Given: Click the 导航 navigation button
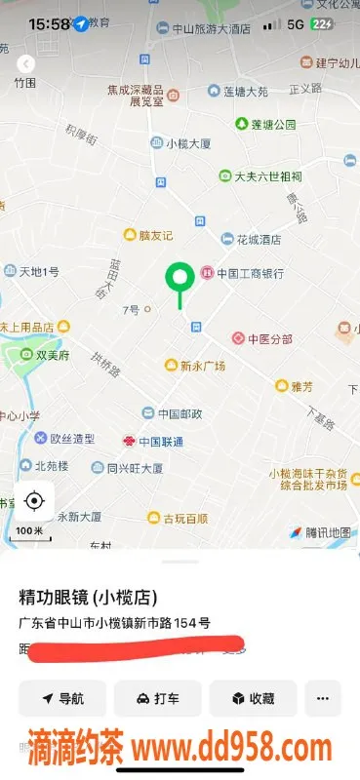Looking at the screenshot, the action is [x=62, y=699].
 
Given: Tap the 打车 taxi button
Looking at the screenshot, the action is [x=157, y=699].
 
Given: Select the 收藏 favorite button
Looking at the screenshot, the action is [x=253, y=699].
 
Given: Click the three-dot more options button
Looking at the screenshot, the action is [x=323, y=699].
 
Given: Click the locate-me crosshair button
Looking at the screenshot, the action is [x=34, y=501].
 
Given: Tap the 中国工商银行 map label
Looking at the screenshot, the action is [x=242, y=273].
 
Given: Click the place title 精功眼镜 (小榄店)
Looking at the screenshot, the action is [x=88, y=597].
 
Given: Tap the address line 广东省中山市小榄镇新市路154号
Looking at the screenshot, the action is [x=114, y=622].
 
